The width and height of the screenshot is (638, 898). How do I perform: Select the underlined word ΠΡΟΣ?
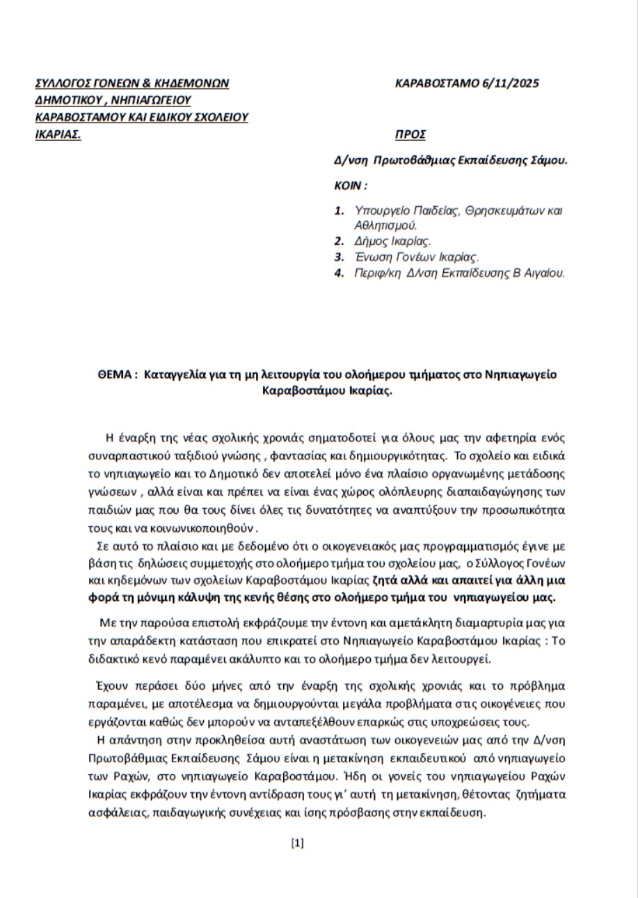coord(410,134)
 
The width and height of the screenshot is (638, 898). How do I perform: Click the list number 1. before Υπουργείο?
coord(340,210)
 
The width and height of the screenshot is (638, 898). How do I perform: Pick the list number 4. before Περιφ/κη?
coord(340,273)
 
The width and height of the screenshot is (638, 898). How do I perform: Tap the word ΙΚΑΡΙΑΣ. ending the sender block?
coord(58,134)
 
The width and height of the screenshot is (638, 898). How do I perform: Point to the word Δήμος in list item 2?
coord(369,242)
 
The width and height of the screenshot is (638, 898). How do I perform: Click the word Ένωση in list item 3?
coord(370,258)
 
